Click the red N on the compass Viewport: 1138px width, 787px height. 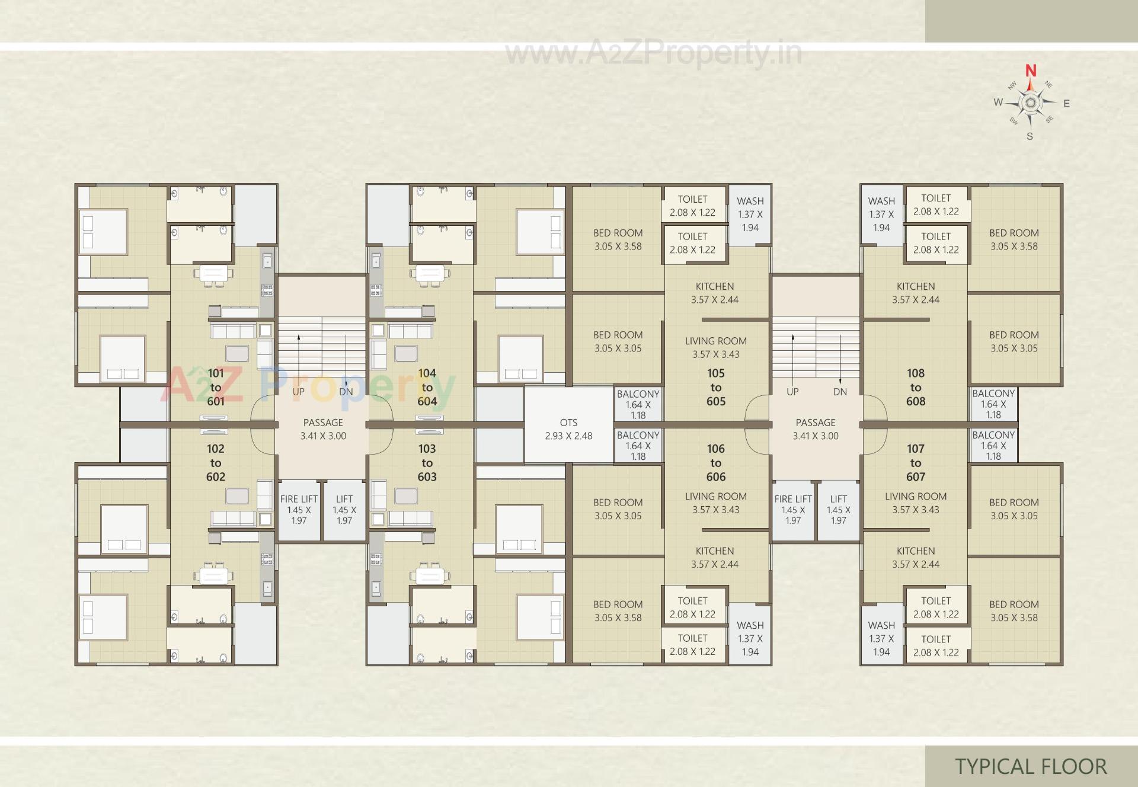[x=1031, y=71]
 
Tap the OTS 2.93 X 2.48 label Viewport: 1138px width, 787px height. [x=568, y=429]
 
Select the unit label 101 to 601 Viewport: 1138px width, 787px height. [x=216, y=387]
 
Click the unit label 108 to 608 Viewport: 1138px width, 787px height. [x=916, y=387]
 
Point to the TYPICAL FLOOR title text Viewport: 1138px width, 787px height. [x=1031, y=766]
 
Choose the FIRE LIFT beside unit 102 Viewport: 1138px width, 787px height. [x=299, y=510]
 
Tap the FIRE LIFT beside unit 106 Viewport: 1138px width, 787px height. [x=793, y=510]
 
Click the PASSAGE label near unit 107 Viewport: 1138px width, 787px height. [x=816, y=429]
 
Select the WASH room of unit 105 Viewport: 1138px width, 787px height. [x=750, y=214]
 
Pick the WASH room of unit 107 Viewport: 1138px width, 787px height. [x=881, y=638]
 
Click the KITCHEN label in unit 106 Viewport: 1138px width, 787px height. [x=715, y=558]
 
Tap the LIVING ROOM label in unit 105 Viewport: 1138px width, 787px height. [x=716, y=347]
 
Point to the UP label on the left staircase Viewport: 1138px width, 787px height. [x=298, y=392]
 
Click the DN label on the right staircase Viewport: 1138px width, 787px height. [x=840, y=392]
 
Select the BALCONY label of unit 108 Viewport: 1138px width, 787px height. [x=993, y=404]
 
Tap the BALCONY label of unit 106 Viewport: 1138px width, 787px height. [x=638, y=445]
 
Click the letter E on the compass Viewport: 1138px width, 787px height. [x=1066, y=104]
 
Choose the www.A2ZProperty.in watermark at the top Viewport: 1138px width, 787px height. [x=653, y=53]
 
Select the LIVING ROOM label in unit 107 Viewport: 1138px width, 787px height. [x=916, y=503]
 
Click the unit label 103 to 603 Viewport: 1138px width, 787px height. [x=427, y=463]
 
